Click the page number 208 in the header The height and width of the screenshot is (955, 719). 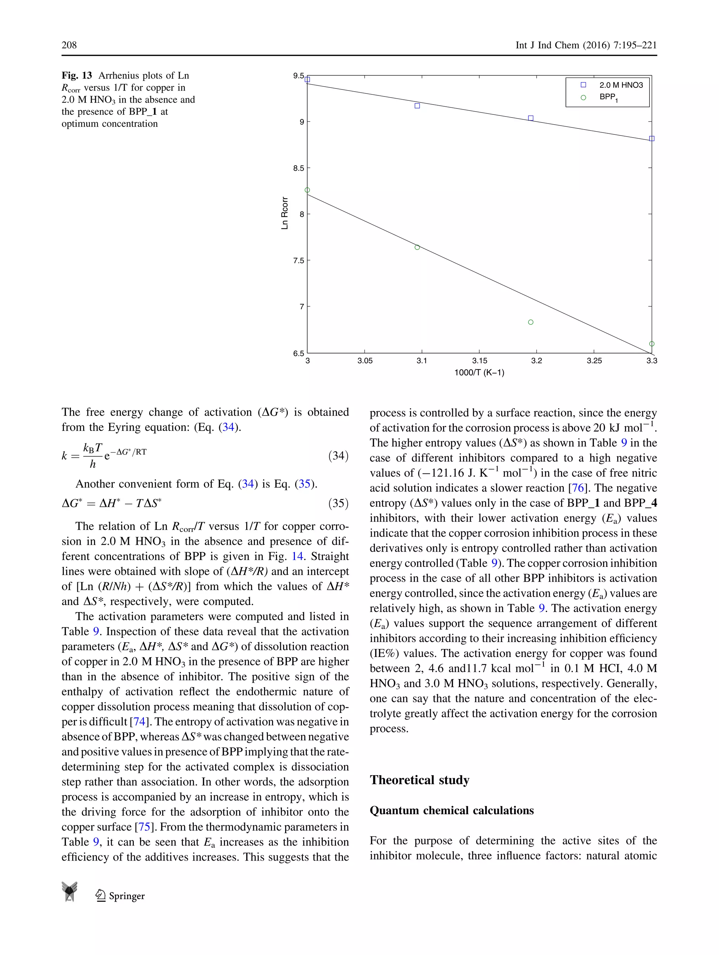[69, 45]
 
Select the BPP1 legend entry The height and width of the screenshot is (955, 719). [608, 98]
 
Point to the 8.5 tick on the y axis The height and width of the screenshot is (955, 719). [299, 168]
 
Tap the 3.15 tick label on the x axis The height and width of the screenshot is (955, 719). [479, 360]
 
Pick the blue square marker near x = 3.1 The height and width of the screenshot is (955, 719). [417, 106]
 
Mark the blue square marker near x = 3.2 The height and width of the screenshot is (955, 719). [531, 118]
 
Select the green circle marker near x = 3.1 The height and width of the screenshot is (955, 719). [417, 247]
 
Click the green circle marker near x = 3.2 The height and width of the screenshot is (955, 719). [531, 322]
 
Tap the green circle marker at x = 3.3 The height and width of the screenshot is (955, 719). [652, 344]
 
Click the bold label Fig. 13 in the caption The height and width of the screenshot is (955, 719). [77, 75]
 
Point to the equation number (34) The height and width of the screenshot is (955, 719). [338, 456]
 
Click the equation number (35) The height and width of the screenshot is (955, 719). [338, 503]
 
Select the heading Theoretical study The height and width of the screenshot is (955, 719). [419, 780]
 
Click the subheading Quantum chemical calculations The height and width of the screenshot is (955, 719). [451, 810]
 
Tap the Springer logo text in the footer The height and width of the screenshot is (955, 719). [126, 896]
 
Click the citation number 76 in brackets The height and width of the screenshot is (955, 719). [578, 488]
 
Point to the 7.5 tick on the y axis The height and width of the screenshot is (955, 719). [299, 260]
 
